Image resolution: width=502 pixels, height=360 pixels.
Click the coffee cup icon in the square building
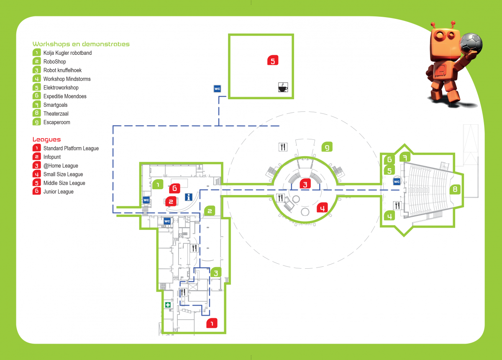(283, 87)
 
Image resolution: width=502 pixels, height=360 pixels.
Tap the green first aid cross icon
(168, 305)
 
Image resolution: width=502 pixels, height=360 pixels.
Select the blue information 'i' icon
(188, 197)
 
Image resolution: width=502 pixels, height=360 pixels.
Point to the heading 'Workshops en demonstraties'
(81, 44)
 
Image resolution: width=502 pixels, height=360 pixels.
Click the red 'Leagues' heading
(47, 139)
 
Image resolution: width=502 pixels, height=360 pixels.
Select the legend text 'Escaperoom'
(57, 123)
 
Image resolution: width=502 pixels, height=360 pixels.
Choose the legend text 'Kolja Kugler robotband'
(67, 53)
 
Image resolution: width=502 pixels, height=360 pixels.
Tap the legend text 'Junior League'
(59, 192)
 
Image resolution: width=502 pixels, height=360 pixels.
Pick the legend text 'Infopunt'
(52, 157)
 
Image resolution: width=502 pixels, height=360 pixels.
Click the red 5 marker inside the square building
(273, 61)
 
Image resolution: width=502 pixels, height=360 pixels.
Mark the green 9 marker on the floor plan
(327, 147)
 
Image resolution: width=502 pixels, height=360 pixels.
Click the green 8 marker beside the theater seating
(455, 189)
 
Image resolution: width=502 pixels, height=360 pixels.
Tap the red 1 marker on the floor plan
(212, 323)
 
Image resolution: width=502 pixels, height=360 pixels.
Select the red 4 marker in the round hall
(322, 207)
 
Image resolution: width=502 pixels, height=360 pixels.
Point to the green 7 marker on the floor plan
(405, 157)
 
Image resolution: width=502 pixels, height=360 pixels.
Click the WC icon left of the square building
(217, 89)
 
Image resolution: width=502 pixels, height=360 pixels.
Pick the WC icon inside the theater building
(397, 182)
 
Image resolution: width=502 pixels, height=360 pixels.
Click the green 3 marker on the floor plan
(215, 273)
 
